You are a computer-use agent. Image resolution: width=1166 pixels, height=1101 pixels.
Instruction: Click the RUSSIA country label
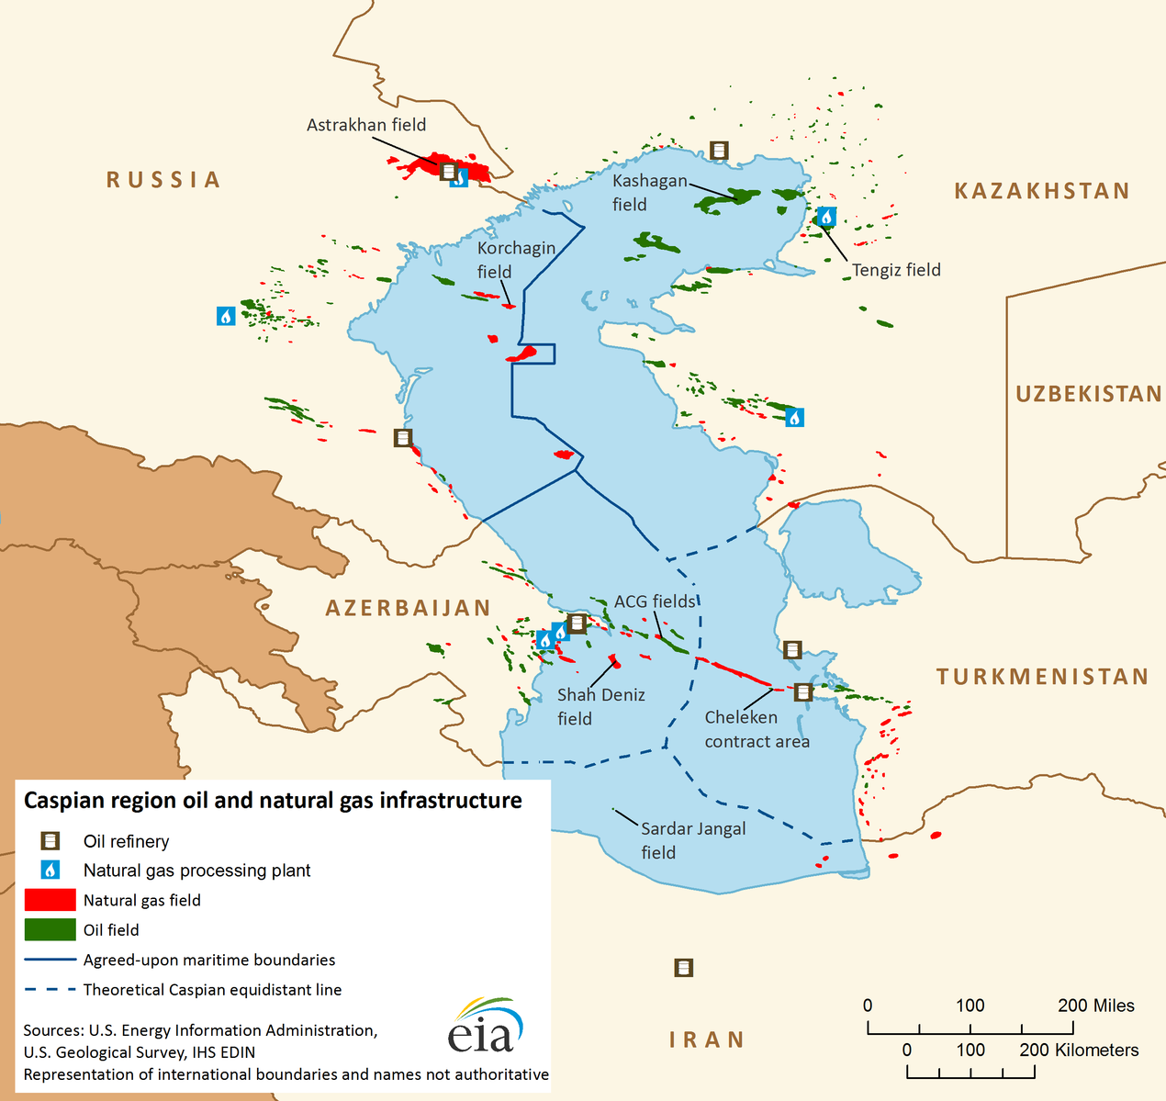163,180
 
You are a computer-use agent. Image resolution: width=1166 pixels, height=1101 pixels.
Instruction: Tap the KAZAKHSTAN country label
1041,191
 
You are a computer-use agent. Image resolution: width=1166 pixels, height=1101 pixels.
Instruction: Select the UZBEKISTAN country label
1088,394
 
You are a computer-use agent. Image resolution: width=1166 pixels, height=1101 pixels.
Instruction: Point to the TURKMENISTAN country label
1042,677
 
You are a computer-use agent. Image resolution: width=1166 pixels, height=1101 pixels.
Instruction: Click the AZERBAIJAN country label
408,608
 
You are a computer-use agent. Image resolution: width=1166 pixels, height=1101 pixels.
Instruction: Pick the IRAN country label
706,1039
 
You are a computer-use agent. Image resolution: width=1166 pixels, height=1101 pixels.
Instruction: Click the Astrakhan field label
366,125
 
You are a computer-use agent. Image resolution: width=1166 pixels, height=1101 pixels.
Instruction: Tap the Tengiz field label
896,270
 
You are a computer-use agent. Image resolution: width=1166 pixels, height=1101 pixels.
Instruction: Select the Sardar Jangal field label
692,840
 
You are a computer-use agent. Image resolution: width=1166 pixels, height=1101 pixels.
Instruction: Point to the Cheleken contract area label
757,729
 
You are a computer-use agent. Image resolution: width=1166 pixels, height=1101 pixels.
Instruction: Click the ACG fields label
655,601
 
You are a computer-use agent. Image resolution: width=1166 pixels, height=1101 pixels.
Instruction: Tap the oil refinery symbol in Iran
683,968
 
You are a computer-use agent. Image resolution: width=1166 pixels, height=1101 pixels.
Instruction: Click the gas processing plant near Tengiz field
826,217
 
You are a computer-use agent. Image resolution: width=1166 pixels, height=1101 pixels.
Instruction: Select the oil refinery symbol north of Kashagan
719,150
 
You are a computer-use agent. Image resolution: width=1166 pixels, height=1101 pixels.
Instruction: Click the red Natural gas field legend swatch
50,900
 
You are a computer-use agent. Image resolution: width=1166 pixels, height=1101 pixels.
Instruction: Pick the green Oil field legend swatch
50,929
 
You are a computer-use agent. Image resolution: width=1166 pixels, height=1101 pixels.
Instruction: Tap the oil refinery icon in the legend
50,841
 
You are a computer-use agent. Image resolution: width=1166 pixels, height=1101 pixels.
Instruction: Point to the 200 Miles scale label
1095,1006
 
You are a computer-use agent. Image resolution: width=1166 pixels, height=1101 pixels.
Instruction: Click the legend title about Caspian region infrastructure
273,801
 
